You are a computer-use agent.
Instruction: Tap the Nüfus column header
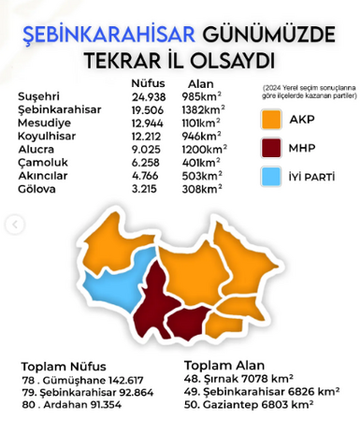pos(148,84)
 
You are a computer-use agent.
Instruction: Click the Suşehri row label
pos(39,96)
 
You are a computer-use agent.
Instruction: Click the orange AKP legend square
pos(274,120)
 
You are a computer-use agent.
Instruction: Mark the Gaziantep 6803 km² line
pos(250,404)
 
